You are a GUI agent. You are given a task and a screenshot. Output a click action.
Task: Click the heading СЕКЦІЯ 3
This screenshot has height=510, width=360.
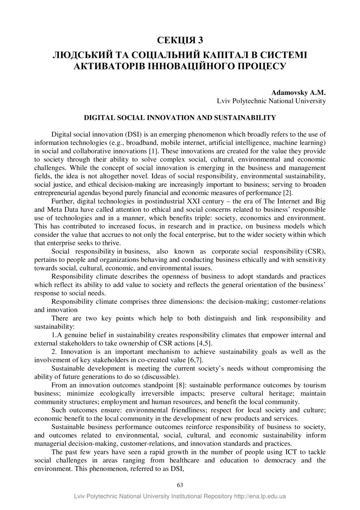click(x=180, y=40)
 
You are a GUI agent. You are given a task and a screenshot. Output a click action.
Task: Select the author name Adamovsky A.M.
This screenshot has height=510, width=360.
click(x=298, y=93)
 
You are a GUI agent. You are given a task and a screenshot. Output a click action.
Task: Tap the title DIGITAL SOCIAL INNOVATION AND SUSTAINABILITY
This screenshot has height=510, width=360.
click(x=180, y=118)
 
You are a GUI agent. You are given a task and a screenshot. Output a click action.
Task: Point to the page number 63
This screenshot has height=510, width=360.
click(x=180, y=485)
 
